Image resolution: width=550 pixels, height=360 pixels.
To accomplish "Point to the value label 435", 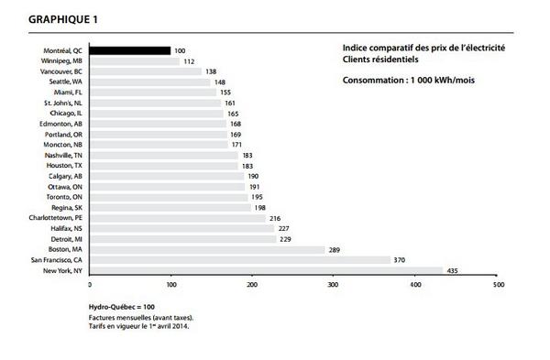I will (x=452, y=271).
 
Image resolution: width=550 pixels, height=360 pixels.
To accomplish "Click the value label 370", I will (x=399, y=260).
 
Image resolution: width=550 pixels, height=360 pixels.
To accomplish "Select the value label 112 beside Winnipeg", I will (x=189, y=61).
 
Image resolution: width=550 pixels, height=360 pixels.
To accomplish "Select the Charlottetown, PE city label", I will (x=56, y=218).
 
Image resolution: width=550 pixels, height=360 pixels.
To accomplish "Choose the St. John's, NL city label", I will (x=63, y=103).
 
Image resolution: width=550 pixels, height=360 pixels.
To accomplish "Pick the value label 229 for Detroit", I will (x=286, y=239).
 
